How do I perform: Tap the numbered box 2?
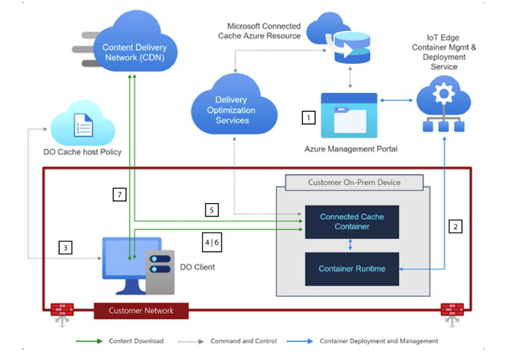pyautogui.click(x=455, y=226)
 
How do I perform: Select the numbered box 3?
pyautogui.click(x=66, y=248)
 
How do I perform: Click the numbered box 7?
pyautogui.click(x=119, y=194)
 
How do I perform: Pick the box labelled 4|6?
pyautogui.click(x=212, y=242)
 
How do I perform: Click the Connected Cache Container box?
pyautogui.click(x=352, y=221)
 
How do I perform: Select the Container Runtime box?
pyautogui.click(x=352, y=269)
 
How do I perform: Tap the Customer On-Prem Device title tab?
pyautogui.click(x=354, y=182)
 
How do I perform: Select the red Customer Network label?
pyautogui.click(x=141, y=311)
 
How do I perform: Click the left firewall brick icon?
pyautogui.click(x=62, y=310)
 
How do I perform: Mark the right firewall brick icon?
pyautogui.click(x=452, y=310)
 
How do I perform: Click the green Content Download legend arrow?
pyautogui.click(x=89, y=341)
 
